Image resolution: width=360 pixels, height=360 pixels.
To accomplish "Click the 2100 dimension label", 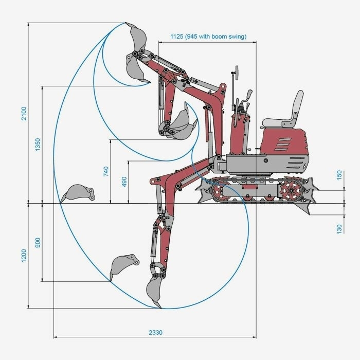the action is tap(24, 114).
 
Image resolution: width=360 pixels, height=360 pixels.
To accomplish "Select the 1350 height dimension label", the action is tap(38, 145).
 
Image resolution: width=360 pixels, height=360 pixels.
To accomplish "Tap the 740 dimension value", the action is tap(106, 171).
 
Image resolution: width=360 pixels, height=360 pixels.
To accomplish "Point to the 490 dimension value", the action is tap(124, 182).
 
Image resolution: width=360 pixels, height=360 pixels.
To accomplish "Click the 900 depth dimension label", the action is tap(38, 242).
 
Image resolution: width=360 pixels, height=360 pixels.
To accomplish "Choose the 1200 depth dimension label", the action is tap(24, 255).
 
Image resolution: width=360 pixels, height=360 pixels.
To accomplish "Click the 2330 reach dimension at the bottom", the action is tap(155, 332).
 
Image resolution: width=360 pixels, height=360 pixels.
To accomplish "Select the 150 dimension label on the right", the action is tap(339, 175).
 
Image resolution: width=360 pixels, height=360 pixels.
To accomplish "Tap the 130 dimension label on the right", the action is tap(339, 229).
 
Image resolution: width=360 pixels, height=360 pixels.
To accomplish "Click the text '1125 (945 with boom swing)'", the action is tap(208, 37).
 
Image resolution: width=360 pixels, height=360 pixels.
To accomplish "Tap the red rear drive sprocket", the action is tap(291, 190).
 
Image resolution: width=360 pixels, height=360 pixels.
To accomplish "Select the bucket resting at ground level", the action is tap(78, 193).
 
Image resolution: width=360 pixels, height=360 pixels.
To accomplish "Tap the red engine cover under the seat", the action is tap(284, 141).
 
